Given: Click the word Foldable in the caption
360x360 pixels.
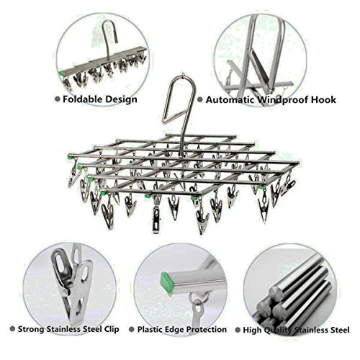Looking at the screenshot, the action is point(84,99).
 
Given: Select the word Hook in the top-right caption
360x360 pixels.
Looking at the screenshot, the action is point(323,99).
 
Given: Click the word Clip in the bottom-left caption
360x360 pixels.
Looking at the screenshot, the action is point(112,329).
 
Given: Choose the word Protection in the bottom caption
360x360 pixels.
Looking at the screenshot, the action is point(207,330).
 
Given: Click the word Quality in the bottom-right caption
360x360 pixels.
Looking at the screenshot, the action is point(279,330).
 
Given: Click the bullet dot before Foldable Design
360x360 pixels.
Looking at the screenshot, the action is point(58,99).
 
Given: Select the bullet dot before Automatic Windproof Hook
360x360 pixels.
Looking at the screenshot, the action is point(200,99).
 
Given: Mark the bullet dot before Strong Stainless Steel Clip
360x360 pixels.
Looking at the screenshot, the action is point(12,329).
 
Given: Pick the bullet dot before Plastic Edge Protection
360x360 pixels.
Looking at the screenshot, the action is point(132,329).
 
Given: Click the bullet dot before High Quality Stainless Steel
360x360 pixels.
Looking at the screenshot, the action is point(238,330).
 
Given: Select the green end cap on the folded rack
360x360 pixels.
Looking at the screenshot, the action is point(61,73).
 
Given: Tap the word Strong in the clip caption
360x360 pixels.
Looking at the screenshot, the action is point(31,329).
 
